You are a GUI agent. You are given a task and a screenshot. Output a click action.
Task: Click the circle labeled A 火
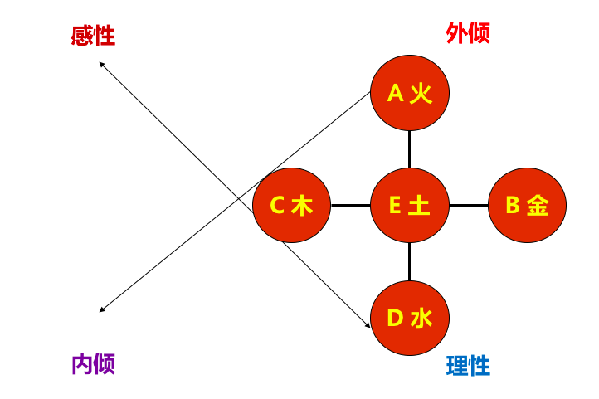point(410,93)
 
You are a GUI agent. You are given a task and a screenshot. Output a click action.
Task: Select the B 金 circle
point(527,205)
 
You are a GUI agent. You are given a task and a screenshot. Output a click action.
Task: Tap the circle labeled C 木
point(292,205)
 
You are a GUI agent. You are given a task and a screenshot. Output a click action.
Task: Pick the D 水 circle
point(410,318)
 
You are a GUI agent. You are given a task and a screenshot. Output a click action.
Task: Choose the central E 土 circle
point(410,205)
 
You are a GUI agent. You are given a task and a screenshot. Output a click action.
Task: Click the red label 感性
point(93,36)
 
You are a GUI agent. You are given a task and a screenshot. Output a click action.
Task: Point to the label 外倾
point(468,33)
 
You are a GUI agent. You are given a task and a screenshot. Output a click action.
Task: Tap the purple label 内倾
point(94,364)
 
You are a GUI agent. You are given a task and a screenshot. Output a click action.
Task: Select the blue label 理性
point(468,366)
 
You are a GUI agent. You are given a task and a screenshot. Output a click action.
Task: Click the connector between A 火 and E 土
point(410,149)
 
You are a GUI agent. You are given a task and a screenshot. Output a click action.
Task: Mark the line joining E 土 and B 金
point(469,205)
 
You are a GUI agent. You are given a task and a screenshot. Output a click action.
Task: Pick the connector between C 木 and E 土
point(351,205)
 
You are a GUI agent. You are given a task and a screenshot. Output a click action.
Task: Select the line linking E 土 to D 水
point(410,261)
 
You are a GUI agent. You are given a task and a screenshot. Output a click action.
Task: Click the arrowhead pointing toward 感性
point(101,64)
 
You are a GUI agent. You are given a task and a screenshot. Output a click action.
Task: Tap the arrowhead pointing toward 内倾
point(101,309)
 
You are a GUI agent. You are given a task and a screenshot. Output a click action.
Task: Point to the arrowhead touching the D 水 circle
point(368,325)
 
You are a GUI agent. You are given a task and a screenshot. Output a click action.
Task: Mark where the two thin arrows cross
point(239,198)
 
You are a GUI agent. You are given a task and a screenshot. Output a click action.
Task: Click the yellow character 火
point(421,93)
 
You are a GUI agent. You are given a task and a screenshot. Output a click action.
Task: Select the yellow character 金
point(538,206)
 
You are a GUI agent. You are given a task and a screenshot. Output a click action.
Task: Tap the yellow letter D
point(395,318)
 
